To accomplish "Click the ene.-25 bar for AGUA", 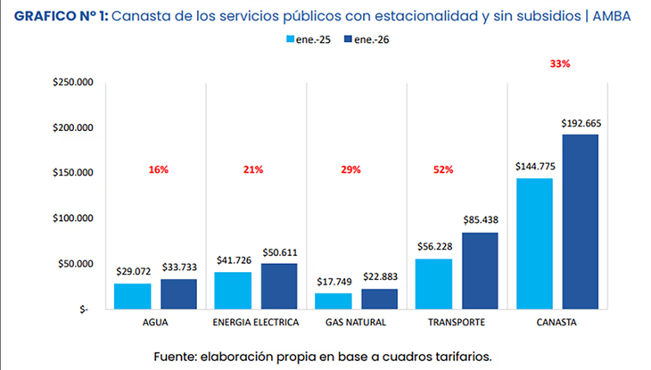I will point(132,296).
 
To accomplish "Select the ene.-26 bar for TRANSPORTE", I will point(480,271).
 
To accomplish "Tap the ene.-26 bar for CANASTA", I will point(581,222).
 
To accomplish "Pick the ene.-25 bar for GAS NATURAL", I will point(334,301).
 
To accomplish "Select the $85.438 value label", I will point(481,220).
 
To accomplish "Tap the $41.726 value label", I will point(233,260).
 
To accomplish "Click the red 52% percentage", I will point(443,169).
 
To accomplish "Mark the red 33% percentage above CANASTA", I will point(560,64).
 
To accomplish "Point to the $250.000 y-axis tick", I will point(73,83).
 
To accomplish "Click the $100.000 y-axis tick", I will point(73,218).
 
